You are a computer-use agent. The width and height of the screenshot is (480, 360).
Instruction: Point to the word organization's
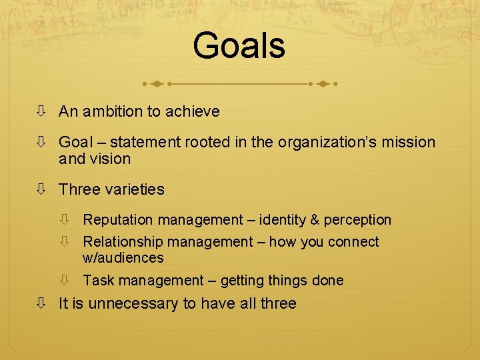coord(327,142)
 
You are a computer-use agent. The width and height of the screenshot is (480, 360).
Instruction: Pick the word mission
coord(409,142)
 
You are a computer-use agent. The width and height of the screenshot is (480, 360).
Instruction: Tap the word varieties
coord(132,189)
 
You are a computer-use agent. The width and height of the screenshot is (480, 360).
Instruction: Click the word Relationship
coord(123,242)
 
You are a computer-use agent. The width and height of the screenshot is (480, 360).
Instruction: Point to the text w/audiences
coord(123,257)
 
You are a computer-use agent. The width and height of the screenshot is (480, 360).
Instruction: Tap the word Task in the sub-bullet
coord(97,281)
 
